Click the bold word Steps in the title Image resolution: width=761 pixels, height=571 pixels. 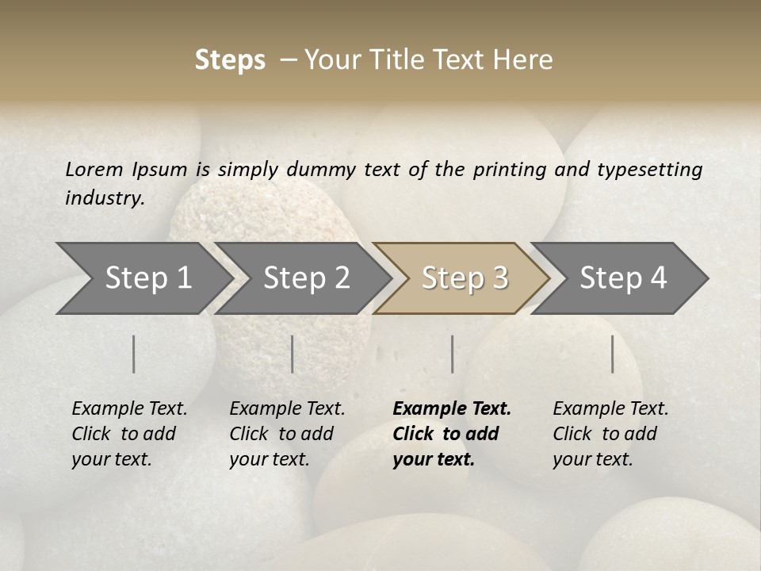230,60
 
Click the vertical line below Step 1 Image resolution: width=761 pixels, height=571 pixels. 134,354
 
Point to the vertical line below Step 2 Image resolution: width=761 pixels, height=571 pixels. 293,354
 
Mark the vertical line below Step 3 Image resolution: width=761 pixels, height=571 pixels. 452,354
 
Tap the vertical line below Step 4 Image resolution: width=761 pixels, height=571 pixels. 613,354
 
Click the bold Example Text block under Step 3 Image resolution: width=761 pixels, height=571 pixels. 451,434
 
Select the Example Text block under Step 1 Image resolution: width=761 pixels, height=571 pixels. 129,434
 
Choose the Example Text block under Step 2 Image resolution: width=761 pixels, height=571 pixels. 287,434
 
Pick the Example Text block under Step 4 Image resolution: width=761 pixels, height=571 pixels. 610,434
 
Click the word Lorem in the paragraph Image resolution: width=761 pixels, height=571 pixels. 94,169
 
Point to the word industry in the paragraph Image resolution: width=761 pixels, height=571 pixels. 105,197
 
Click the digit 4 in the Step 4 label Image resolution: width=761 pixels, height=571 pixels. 658,278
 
